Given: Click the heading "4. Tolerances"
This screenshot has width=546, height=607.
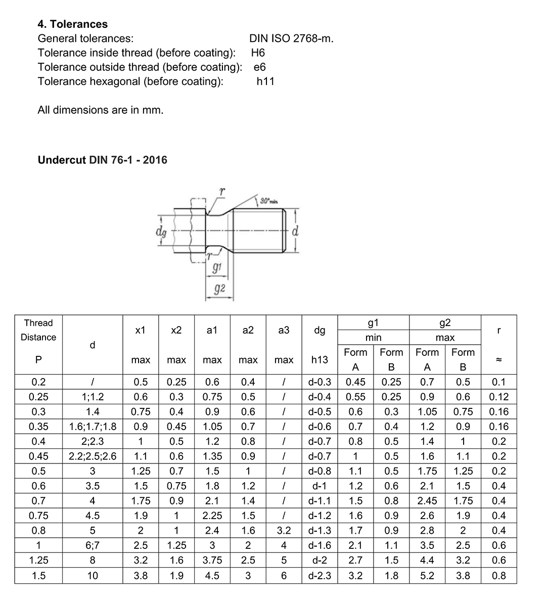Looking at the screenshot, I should pyautogui.click(x=73, y=24).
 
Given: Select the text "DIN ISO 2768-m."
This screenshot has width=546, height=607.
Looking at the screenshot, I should pyautogui.click(x=291, y=38).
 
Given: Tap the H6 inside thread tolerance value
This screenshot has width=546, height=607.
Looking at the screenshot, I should pyautogui.click(x=258, y=53).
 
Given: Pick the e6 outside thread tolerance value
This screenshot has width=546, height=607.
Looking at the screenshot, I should pyautogui.click(x=259, y=67).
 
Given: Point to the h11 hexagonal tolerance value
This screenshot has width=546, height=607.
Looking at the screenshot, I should pyautogui.click(x=265, y=81).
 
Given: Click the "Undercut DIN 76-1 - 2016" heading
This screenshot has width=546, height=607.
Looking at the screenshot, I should pyautogui.click(x=103, y=160).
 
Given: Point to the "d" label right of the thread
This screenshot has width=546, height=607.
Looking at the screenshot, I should pyautogui.click(x=295, y=232).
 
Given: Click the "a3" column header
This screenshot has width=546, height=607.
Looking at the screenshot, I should pyautogui.click(x=284, y=330).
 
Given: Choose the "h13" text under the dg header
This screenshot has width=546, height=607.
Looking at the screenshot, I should pyautogui.click(x=320, y=360).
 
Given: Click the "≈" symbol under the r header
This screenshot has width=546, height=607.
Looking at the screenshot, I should pyautogui.click(x=499, y=360).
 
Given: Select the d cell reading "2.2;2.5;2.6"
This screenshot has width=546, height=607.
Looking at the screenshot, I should pyautogui.click(x=93, y=456).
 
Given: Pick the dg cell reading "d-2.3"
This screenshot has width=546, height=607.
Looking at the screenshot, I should pyautogui.click(x=320, y=575).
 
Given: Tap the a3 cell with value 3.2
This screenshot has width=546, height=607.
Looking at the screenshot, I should pyautogui.click(x=284, y=531).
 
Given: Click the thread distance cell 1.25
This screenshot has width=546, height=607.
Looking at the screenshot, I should pyautogui.click(x=38, y=560).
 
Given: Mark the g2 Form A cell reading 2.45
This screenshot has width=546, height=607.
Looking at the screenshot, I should pyautogui.click(x=427, y=501).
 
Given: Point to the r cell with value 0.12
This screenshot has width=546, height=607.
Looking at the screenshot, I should pyautogui.click(x=499, y=397).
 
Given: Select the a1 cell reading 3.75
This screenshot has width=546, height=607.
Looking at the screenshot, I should pyautogui.click(x=212, y=560).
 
